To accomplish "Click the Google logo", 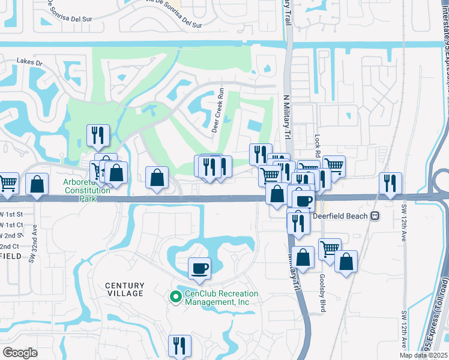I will point(20,352).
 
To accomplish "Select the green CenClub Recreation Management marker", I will point(175,297).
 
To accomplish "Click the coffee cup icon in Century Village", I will point(199,269).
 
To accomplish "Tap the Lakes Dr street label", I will point(30,62).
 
